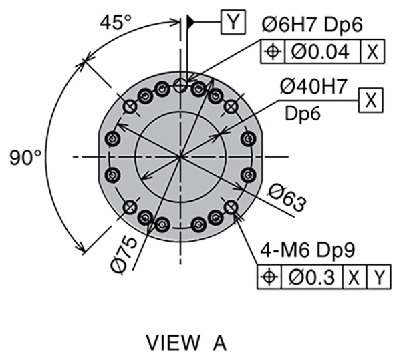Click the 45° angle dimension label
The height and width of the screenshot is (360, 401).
[x=116, y=22]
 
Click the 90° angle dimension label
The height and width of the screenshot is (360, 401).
[x=25, y=158]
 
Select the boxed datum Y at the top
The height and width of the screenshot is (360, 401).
[x=233, y=22]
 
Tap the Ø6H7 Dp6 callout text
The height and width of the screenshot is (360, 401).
[x=312, y=25]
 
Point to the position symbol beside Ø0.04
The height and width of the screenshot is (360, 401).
[x=273, y=51]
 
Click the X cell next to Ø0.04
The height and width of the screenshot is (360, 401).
[x=372, y=51]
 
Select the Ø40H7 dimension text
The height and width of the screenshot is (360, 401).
[x=313, y=86]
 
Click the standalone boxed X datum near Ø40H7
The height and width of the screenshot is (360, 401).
[x=370, y=100]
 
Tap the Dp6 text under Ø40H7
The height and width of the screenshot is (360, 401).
[x=302, y=113]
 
